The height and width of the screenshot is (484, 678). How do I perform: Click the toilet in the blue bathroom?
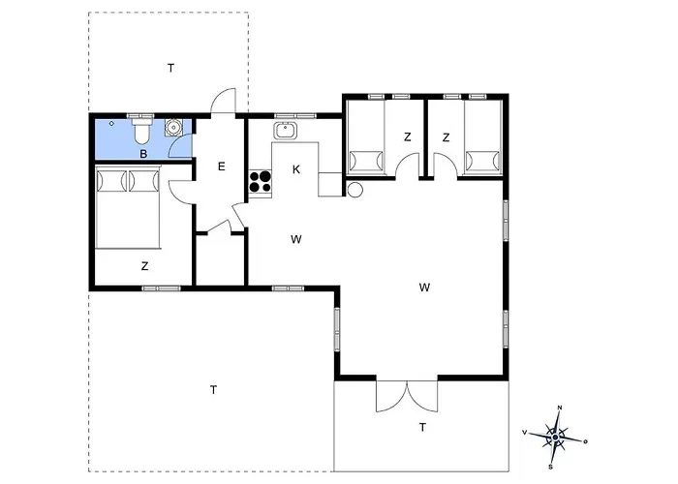(x=141, y=132)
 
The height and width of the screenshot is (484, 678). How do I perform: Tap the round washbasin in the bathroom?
(x=173, y=128)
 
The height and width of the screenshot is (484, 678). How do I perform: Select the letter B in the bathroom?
(x=143, y=153)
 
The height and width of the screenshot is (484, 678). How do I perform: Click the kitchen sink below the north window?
(x=285, y=131)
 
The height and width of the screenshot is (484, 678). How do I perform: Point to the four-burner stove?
(x=261, y=182)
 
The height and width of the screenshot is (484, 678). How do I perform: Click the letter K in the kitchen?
(x=296, y=169)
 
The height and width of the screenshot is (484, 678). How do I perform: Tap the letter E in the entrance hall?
(x=222, y=166)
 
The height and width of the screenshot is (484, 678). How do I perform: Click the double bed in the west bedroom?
(x=128, y=208)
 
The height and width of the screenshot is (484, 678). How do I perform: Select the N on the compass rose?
(x=560, y=408)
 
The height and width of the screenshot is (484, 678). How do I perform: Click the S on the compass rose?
(x=550, y=467)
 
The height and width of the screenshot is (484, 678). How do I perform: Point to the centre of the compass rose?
(x=556, y=438)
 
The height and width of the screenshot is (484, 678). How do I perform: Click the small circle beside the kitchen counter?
(x=355, y=190)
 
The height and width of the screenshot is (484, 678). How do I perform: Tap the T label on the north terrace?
(x=171, y=68)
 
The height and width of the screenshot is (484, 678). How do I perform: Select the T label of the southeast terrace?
(x=422, y=428)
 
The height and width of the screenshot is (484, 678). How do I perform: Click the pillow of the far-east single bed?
(x=482, y=161)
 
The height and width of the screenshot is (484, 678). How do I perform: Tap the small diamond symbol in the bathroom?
(x=111, y=124)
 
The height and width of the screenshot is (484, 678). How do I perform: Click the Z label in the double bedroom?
(x=145, y=266)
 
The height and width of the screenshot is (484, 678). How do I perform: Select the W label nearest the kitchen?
(x=296, y=239)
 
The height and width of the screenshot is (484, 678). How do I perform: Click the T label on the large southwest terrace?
(x=214, y=390)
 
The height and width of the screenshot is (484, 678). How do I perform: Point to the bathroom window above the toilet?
(x=140, y=116)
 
